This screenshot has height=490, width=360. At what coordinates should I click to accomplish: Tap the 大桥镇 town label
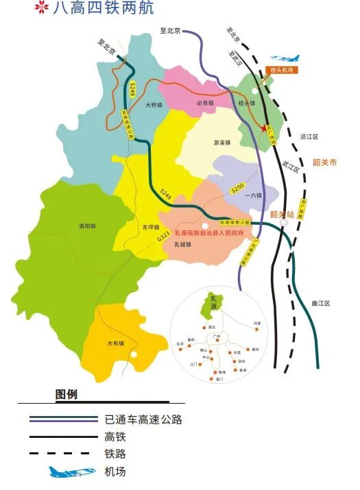[154, 106]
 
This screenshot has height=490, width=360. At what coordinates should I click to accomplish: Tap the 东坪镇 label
[150, 227]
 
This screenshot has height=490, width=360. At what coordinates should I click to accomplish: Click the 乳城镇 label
[182, 244]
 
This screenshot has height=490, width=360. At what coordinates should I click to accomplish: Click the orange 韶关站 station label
[282, 215]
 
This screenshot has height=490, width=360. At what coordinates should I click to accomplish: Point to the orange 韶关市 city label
[325, 162]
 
